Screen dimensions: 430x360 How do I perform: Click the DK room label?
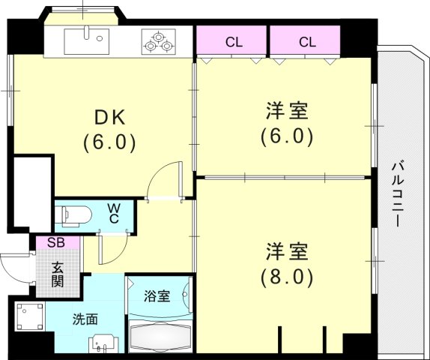click(x=109, y=118)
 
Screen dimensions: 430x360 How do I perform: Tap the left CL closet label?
click(x=234, y=43)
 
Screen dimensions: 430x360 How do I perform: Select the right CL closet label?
click(x=307, y=43)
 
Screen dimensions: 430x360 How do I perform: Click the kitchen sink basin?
click(x=87, y=41)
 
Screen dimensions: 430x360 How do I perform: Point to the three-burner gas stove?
click(x=159, y=41)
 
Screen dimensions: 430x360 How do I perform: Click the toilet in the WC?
click(x=73, y=216)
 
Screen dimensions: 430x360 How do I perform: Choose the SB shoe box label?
click(x=56, y=242)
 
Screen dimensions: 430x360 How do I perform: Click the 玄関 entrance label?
click(x=58, y=274)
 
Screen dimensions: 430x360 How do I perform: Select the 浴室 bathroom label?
click(x=157, y=296)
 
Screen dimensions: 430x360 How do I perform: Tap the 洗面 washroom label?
click(x=85, y=319)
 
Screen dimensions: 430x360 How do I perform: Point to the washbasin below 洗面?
click(x=103, y=343)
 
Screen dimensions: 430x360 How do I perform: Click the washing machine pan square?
click(x=30, y=316)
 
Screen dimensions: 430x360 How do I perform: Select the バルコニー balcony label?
click(x=398, y=195)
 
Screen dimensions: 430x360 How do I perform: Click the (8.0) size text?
click(x=287, y=277)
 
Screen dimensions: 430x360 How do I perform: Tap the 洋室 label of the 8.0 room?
click(x=287, y=251)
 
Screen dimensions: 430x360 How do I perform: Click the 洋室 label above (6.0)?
click(x=287, y=110)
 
